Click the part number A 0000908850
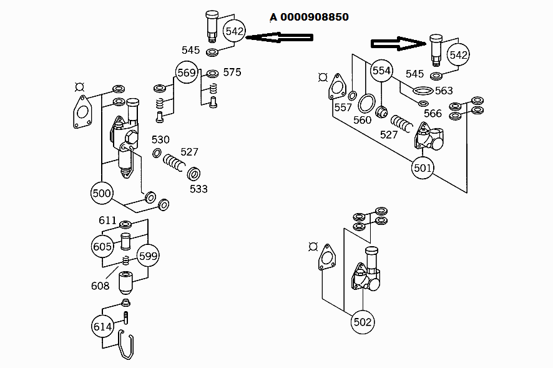309,17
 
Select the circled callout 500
102,193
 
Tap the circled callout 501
423,168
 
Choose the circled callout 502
363,322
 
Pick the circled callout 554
381,71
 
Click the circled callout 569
187,73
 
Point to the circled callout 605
102,246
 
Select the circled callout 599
149,256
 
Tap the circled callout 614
102,326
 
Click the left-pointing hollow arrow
279,38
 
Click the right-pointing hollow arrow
398,43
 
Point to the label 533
198,189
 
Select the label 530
160,139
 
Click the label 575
232,72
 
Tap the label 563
444,91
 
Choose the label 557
343,107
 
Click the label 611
107,220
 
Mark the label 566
433,113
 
